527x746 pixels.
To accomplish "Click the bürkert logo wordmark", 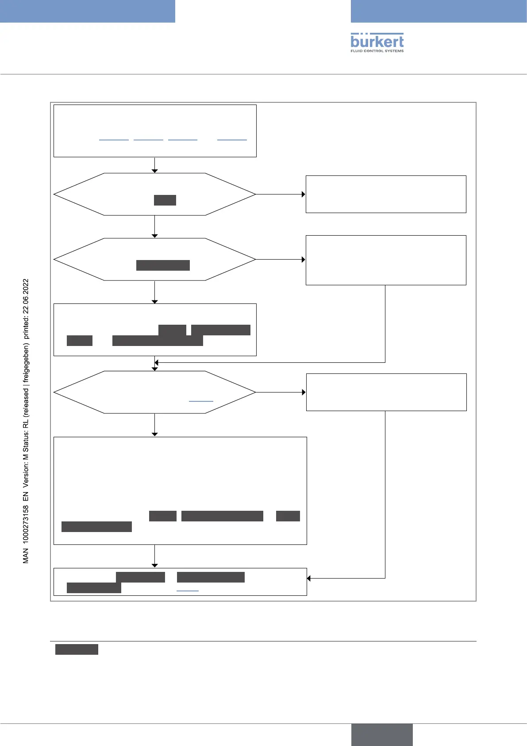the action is [377, 41].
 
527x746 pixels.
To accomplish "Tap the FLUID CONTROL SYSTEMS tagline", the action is [377, 51].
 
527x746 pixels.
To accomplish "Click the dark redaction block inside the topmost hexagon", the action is [165, 200].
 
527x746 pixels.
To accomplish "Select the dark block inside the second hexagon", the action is [163, 265].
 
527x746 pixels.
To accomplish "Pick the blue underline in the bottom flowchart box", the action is [188, 591].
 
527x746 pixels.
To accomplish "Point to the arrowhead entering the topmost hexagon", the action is [155, 171].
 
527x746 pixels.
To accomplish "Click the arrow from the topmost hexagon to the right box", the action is [281, 194].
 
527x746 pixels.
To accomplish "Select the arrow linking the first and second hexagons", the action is [155, 226].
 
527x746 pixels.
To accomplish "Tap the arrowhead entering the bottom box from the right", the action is [309, 578].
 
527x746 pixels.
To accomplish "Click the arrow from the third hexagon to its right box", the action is [281, 392].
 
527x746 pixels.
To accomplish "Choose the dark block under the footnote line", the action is [77, 649].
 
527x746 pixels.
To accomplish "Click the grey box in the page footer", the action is [382, 734].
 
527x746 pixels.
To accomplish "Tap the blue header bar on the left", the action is [88, 11].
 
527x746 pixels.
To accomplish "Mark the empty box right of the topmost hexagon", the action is [386, 194].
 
